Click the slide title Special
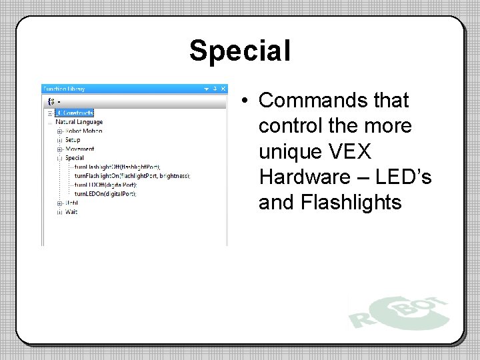239,51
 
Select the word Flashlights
330,202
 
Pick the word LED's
403,177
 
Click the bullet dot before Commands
246,101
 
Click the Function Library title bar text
64,89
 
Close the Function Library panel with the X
223,89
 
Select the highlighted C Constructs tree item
74,113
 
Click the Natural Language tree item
79,122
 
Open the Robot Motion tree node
83,131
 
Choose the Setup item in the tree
73,140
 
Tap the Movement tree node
80,149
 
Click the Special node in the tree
75,158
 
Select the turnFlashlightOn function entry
132,176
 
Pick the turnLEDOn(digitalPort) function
105,194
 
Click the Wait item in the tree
71,212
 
